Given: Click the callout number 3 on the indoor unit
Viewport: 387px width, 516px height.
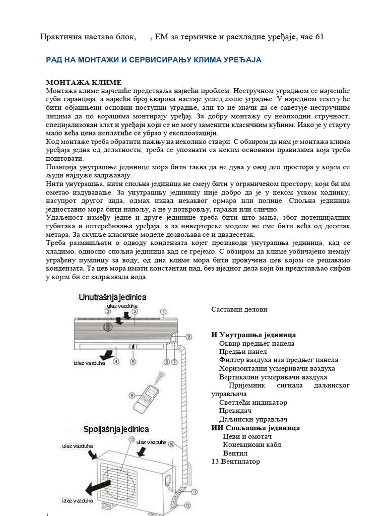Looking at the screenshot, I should pos(108,311).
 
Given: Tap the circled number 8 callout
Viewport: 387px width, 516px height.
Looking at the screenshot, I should pos(189,337).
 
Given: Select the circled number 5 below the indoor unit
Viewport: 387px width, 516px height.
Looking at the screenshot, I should pos(133,361).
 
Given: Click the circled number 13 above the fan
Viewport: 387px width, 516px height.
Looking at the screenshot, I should pos(132,439).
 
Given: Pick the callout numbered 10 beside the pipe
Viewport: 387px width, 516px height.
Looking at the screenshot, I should pos(171,444).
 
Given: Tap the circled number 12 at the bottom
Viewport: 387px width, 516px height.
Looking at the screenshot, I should pos(187,505).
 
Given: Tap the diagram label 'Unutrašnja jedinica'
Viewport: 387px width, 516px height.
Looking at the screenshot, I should pos(112,297).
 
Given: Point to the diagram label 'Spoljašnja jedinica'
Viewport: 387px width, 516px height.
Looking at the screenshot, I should pos(116,429).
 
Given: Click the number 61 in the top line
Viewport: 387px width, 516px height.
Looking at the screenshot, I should pos(319,36).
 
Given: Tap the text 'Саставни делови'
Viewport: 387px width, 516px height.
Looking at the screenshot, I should pos(239,309).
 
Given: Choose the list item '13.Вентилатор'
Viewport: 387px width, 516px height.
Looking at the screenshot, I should pos(235,461).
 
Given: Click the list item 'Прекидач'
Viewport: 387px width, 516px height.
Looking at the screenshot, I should pos(236,411).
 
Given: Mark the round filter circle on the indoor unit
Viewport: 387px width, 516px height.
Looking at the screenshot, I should pos(107,327).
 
